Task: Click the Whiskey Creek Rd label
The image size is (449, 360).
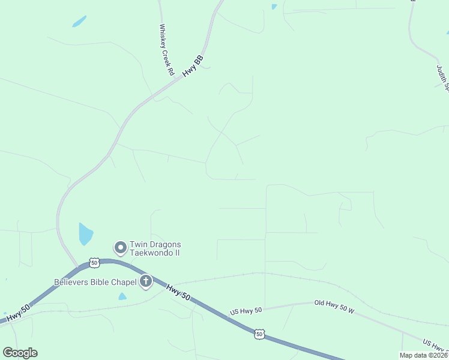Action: [x=166, y=49]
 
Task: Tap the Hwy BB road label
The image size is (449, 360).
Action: [x=194, y=65]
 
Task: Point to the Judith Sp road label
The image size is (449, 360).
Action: [x=443, y=77]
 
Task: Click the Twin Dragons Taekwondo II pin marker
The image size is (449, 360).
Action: [x=121, y=247]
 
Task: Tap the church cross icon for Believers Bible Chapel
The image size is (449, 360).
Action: [x=146, y=281]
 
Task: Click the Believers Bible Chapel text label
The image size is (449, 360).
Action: [x=95, y=281]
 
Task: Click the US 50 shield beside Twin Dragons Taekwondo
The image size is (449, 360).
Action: [x=94, y=263]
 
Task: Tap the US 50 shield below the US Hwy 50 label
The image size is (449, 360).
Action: [x=259, y=334]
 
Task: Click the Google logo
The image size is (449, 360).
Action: [x=20, y=353]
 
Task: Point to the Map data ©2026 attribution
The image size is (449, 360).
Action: [x=424, y=355]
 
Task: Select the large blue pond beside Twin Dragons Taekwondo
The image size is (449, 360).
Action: [x=85, y=233]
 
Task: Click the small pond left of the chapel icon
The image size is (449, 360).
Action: [x=122, y=296]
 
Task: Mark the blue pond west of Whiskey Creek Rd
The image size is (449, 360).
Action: [x=79, y=21]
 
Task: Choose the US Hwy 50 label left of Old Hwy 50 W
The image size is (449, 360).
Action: [x=246, y=311]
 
